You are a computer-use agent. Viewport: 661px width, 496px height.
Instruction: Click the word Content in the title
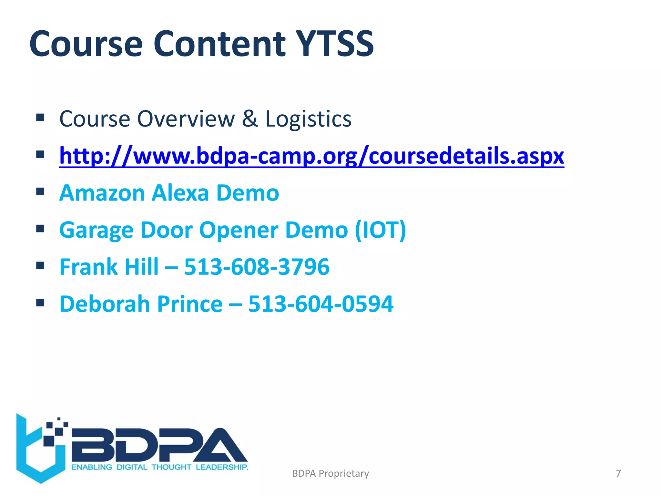pos(219,44)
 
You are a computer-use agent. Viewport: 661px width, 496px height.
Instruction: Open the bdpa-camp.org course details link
pos(311,156)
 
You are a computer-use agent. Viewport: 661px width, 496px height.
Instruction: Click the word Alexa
pos(180,193)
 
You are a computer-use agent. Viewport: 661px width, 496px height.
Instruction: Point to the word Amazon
pos(102,193)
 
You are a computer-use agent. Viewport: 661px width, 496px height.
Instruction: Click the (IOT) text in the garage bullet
pos(380,230)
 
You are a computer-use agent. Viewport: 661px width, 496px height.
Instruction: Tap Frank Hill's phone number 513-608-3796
pos(257,267)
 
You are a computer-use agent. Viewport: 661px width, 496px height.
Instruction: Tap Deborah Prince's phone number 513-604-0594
pos(321,304)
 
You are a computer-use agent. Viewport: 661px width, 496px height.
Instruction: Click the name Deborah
pos(105,304)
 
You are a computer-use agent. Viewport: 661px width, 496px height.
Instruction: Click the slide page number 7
pos(618,473)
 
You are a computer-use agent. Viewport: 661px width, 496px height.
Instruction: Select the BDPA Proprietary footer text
pos(330,473)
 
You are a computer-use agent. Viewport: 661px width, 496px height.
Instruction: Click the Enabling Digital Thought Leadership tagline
pos(159,467)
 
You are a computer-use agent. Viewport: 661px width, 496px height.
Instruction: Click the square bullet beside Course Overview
pos(40,117)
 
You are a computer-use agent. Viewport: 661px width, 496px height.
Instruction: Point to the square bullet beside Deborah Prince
pos(40,303)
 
